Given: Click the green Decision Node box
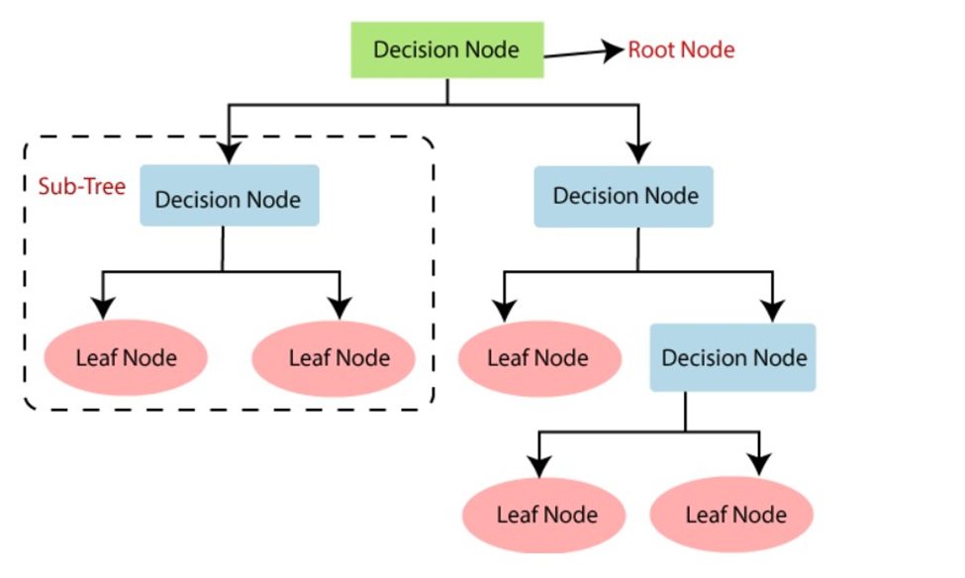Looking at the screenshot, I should (445, 49).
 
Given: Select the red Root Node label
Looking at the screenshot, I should (681, 49).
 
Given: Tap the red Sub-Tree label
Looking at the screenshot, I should (81, 186).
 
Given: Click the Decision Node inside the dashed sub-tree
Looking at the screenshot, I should (229, 198).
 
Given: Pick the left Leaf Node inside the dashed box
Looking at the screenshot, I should (125, 357).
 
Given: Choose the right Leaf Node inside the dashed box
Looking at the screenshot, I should (338, 357).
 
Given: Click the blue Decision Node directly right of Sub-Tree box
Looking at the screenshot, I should (625, 196).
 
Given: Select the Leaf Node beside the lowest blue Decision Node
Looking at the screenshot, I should (537, 357).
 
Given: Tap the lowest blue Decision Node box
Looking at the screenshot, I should (733, 357).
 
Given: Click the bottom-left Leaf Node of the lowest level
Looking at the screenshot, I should (546, 515).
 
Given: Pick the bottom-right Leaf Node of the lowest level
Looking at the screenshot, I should (734, 515).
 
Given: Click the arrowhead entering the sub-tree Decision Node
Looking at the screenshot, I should (229, 151).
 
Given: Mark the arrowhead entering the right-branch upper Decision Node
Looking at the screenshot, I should (638, 151).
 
